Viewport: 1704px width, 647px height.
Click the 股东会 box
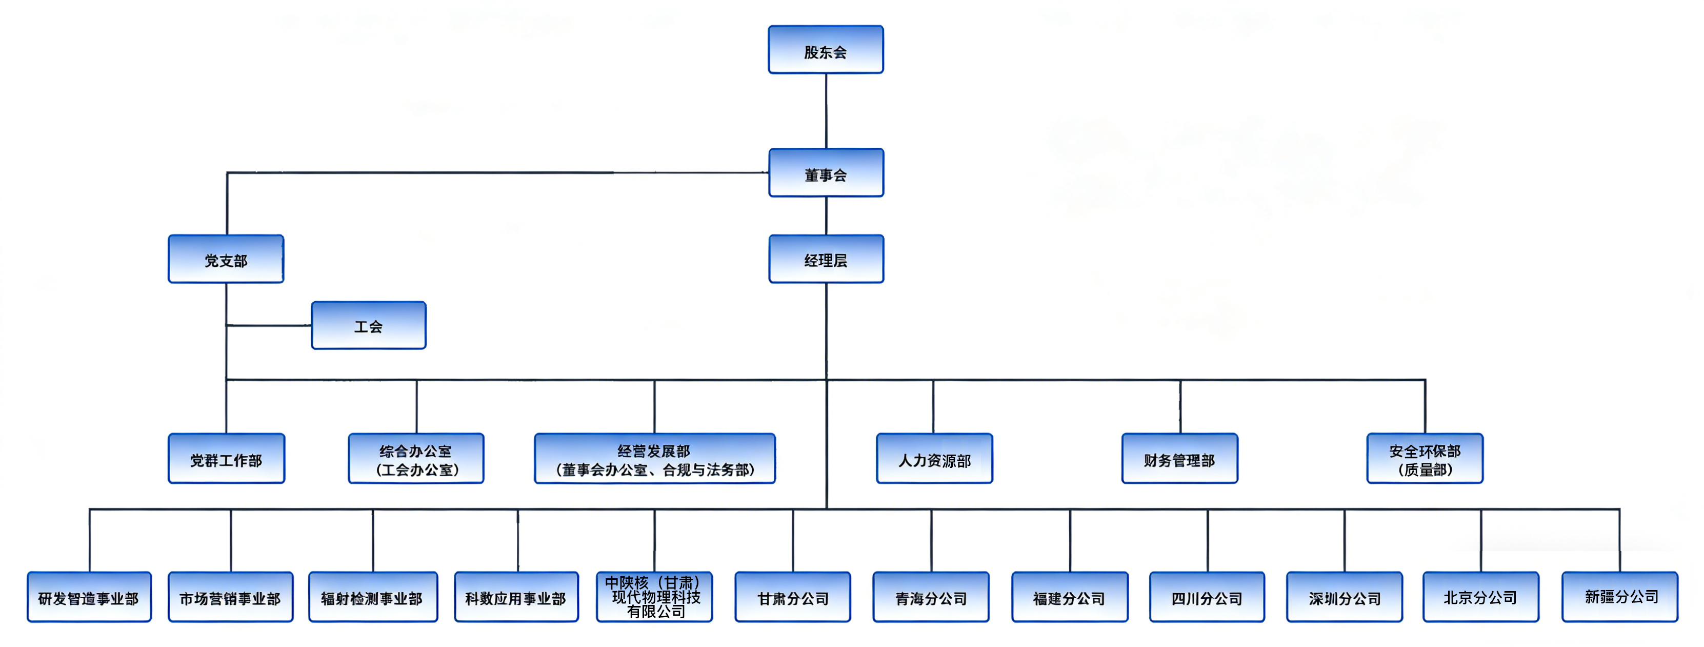[826, 50]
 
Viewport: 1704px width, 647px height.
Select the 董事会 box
[826, 173]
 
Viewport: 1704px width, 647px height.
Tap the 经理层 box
[826, 259]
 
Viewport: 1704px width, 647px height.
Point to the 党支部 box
[226, 259]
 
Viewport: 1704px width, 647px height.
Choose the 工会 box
[369, 325]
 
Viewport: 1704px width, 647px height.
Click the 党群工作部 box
[226, 459]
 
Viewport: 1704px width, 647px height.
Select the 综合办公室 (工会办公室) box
[416, 459]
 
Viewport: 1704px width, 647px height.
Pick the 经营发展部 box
[654, 459]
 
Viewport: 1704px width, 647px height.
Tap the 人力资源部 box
[934, 459]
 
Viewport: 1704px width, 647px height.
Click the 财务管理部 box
[1179, 459]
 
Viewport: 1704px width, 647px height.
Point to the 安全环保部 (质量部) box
[1425, 459]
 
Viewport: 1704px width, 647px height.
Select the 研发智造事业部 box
[89, 597]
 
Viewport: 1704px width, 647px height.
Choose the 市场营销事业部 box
[230, 597]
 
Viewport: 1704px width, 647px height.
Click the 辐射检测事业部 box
[372, 597]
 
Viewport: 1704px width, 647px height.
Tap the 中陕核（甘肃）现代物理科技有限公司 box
[654, 597]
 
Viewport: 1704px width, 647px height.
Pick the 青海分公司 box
[931, 597]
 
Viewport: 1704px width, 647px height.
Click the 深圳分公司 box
[1344, 597]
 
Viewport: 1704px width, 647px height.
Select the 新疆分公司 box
[1620, 597]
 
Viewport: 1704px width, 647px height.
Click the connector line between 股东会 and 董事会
[826, 111]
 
